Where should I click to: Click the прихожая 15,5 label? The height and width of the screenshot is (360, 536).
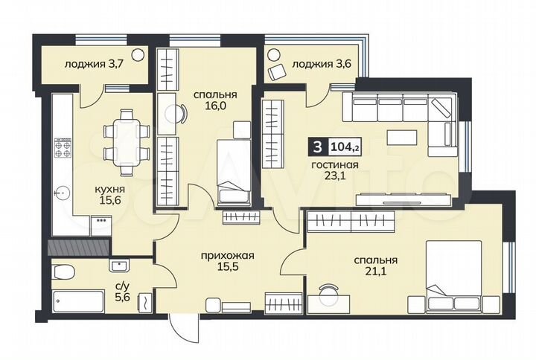(227, 262)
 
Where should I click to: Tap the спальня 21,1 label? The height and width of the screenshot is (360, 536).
(375, 266)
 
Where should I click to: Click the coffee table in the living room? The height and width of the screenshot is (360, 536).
(402, 137)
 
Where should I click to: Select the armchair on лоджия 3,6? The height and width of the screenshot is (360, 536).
(278, 71)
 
